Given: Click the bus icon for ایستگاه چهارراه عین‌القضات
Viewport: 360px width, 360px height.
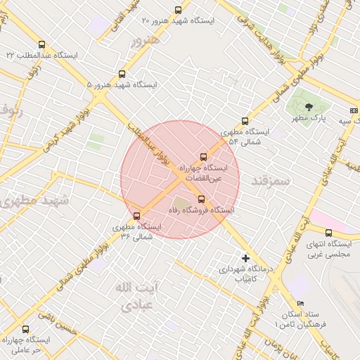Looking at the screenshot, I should point(204,157).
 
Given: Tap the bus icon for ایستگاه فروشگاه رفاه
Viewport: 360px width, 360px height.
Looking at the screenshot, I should point(202,198).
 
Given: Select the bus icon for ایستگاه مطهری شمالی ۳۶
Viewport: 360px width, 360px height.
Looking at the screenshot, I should point(136,216).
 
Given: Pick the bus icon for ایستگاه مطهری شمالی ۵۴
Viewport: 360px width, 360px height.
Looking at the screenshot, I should point(245,121).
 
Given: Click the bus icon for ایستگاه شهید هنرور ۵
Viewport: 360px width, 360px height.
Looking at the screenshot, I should point(122,73).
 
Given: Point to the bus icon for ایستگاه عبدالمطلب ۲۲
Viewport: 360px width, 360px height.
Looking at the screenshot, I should point(42,44).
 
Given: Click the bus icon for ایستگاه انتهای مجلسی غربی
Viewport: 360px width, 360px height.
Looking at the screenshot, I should point(328,233).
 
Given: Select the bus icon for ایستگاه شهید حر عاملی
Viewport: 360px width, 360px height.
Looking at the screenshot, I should point(26,328).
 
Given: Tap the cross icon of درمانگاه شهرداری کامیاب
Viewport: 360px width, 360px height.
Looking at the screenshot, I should point(245,258).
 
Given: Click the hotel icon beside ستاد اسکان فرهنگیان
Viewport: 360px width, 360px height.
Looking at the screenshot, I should point(301,303).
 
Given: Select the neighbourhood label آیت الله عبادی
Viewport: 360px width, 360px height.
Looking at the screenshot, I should point(135,297).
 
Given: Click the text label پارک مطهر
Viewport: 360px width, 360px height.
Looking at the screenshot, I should point(309,120).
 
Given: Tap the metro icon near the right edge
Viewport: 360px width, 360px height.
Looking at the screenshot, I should point(354,110).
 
